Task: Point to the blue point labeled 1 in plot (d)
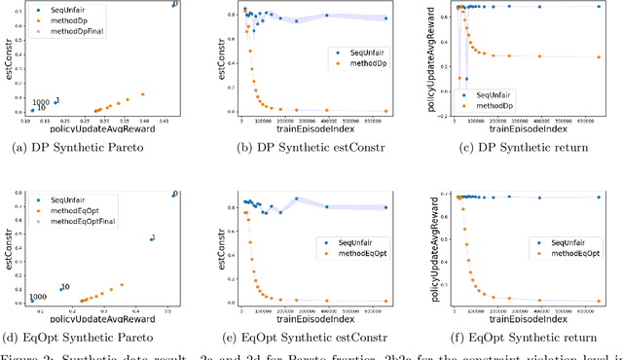(x=151, y=238)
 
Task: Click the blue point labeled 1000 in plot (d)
(x=30, y=302)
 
